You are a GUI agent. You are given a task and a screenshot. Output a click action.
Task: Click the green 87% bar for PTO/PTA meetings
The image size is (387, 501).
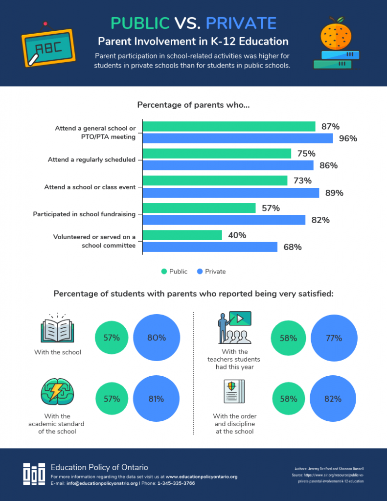pos(229,127)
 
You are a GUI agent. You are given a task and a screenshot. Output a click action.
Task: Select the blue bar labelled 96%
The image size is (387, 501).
pos(238,138)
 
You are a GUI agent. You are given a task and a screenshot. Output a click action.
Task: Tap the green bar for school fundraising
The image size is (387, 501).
pos(199,208)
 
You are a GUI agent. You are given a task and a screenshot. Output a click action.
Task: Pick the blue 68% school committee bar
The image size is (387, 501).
pos(210,247)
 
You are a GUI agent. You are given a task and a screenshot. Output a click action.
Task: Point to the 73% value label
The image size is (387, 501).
pos(302,181)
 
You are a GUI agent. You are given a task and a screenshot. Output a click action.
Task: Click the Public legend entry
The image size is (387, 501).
pos(174,272)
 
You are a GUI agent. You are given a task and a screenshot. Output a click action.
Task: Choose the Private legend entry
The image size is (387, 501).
pos(211,272)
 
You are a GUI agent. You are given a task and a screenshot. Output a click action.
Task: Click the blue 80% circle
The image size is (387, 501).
pos(157,338)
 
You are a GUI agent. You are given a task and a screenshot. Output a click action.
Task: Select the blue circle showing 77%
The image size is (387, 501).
pos(333,338)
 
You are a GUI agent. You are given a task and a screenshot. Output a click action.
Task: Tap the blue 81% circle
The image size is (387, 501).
pos(156,399)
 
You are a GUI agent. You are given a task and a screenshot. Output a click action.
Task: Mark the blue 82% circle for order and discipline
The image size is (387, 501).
pos(333,399)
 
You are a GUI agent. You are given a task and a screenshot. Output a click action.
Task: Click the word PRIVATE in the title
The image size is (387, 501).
pos(241,23)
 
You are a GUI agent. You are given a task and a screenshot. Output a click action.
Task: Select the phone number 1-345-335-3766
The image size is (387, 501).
pos(176,483)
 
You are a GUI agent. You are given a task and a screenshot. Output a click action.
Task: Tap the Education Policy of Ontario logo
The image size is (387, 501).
pos(34,474)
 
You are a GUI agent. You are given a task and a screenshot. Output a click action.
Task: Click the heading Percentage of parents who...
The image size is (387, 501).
pos(194,105)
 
